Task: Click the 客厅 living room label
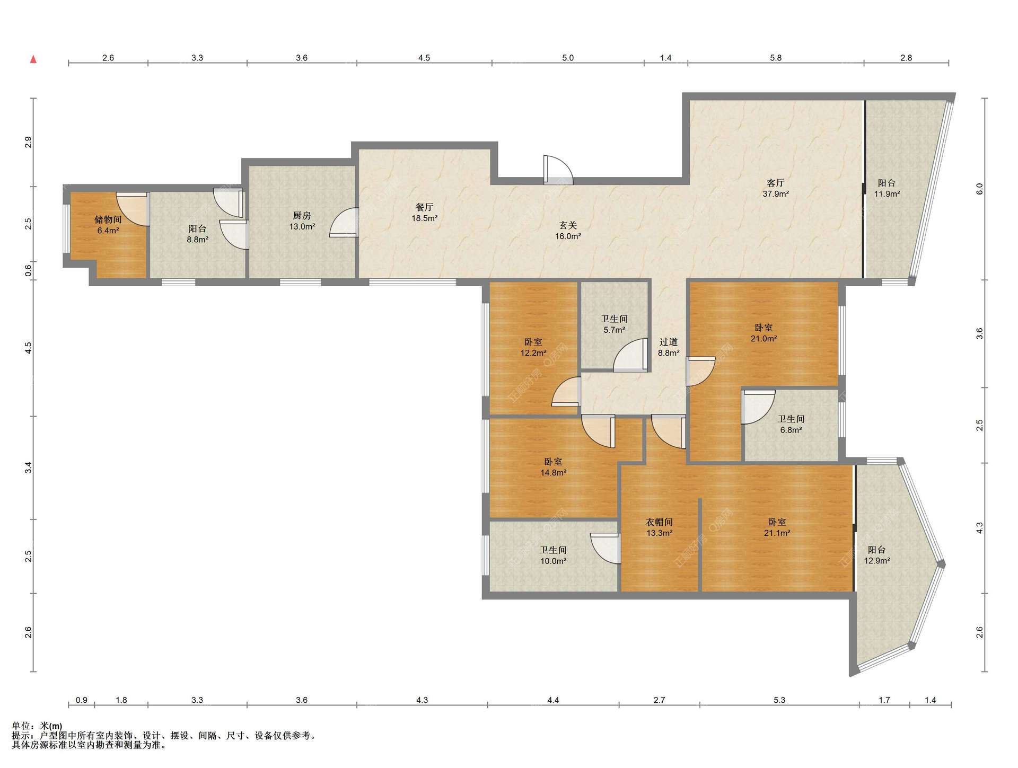775,183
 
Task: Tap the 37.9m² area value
776,194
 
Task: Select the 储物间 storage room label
108,219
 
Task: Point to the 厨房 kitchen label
302,216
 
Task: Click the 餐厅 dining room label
424,207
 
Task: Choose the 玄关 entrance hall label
568,225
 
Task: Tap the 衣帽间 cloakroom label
659,522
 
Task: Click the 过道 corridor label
669,342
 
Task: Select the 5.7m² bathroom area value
614,330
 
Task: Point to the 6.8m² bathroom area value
791,430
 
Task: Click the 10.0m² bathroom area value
554,561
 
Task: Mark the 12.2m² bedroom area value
533,353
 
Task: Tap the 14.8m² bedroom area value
554,473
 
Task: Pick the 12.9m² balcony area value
877,560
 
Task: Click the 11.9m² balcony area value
887,194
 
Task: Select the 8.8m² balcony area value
197,240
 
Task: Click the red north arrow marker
33,59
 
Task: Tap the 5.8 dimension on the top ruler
776,58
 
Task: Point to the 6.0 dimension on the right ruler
979,189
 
